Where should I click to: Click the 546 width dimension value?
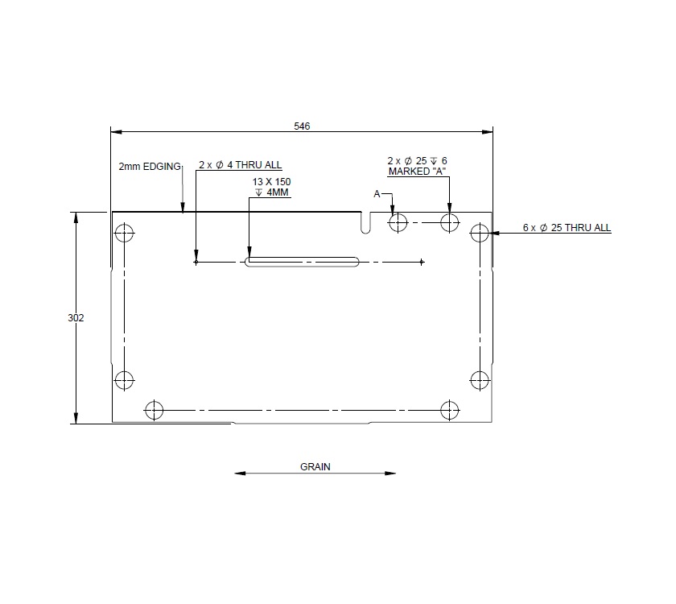pos(302,126)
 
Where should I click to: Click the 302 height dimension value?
pos(76,318)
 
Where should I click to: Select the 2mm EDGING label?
pos(150,166)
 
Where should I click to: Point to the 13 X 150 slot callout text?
pos(272,182)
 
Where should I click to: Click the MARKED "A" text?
pos(417,172)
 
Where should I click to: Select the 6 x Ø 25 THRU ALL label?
pos(567,228)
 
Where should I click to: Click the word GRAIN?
pos(315,466)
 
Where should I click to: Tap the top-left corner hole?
pos(124,234)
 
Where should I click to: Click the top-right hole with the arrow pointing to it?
pos(480,234)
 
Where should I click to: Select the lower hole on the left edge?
pos(124,379)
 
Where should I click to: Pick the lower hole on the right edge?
pos(480,379)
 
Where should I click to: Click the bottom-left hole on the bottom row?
pos(153,410)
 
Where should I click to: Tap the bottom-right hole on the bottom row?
pos(450,410)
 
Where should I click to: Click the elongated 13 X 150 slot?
pos(303,262)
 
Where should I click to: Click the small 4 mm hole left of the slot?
pos(196,262)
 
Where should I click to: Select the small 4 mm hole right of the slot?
pos(423,262)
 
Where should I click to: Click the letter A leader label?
pos(377,194)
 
